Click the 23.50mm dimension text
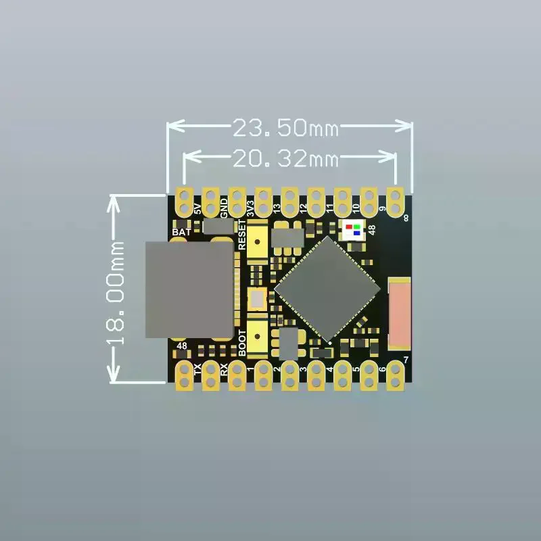tap(286, 127)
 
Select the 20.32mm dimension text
tap(286, 159)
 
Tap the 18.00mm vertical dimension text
tap(115, 293)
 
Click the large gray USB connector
tap(189, 290)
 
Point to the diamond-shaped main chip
tap(327, 289)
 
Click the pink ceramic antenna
tap(400, 313)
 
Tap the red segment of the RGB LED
tap(349, 227)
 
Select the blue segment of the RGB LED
tap(357, 233)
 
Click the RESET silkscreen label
tap(242, 235)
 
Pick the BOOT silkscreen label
tap(242, 343)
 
